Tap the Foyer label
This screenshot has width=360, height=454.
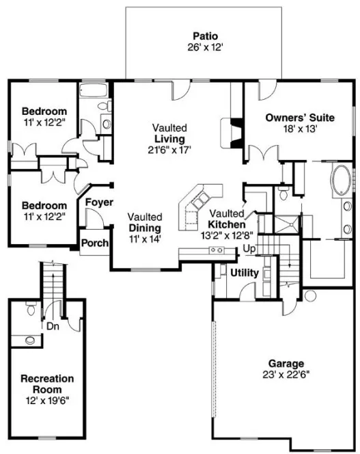(98, 202)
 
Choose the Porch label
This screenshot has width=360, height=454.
(94, 243)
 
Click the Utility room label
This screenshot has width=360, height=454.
(244, 273)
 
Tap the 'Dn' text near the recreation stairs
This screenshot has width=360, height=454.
(51, 326)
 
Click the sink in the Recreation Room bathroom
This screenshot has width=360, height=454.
(29, 339)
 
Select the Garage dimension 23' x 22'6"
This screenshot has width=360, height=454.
(286, 375)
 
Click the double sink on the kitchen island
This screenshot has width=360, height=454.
(217, 251)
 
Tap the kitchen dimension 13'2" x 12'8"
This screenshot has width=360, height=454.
(227, 235)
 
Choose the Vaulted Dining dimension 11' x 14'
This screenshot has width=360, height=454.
(144, 239)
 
